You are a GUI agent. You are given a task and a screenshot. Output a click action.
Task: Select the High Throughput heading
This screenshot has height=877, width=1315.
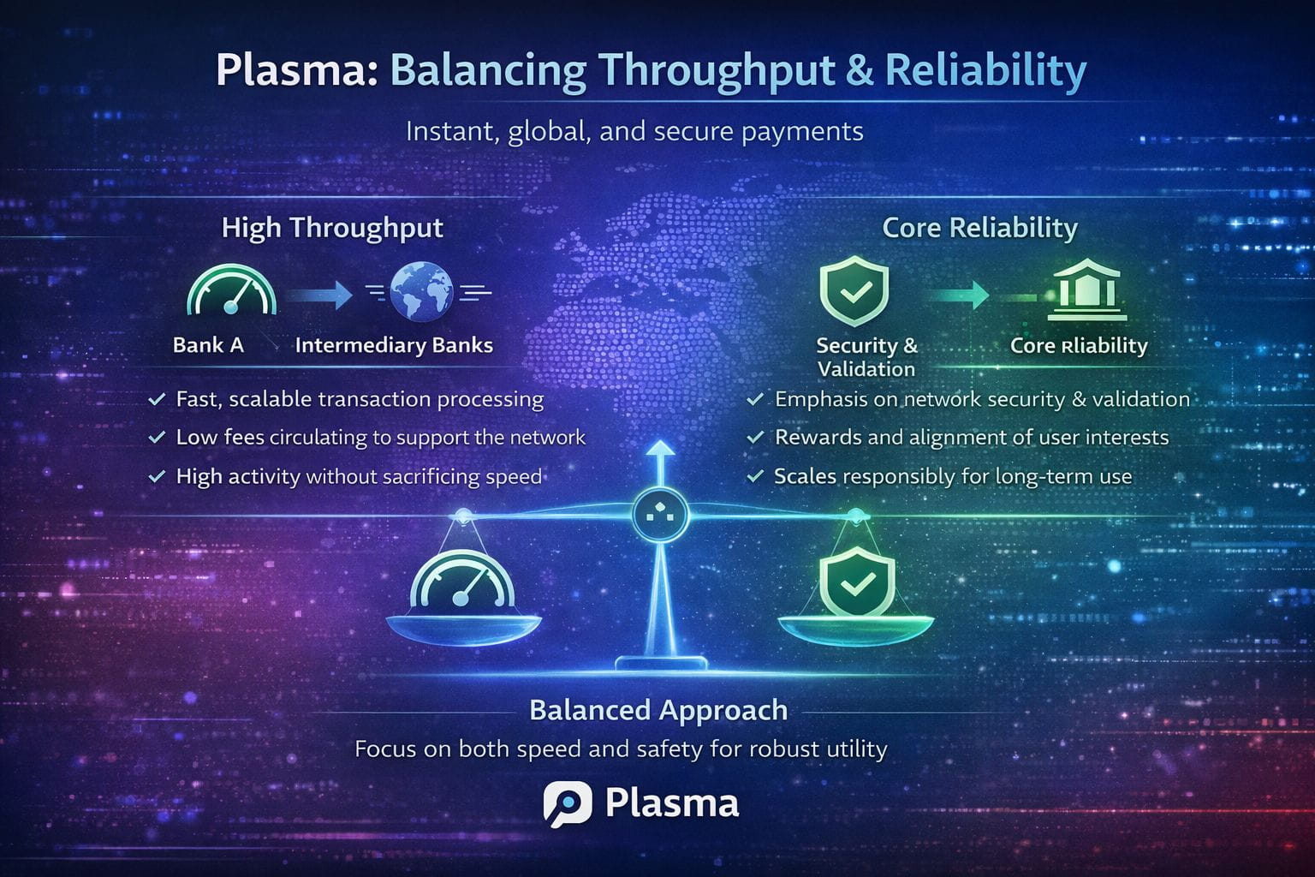pos(332,228)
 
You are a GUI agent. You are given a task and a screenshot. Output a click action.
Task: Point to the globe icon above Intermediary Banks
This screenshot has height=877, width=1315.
pos(421,292)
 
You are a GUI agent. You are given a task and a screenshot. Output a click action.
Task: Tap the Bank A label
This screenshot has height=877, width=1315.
pos(208,345)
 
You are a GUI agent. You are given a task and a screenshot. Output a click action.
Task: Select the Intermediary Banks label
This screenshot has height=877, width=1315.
pos(394,345)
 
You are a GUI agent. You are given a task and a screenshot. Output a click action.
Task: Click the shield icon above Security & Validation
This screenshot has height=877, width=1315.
pos(854,291)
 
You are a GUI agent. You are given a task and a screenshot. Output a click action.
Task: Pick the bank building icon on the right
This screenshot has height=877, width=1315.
pos(1086,290)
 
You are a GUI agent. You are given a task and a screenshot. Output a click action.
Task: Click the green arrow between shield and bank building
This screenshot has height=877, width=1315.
pos(959,295)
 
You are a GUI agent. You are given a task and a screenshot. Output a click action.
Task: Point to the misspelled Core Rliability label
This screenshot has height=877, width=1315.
pos(1079,345)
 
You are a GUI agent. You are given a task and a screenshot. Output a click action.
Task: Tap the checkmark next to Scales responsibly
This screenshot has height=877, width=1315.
pos(755,476)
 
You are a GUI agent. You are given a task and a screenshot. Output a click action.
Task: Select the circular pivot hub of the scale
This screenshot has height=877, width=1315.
pos(660,516)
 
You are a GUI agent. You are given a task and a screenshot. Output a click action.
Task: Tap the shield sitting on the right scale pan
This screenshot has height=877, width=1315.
pos(856,582)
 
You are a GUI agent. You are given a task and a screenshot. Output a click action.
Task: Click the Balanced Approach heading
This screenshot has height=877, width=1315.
pos(658,710)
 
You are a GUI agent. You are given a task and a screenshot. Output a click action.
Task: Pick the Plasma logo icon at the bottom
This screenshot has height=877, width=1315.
pos(567,804)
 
